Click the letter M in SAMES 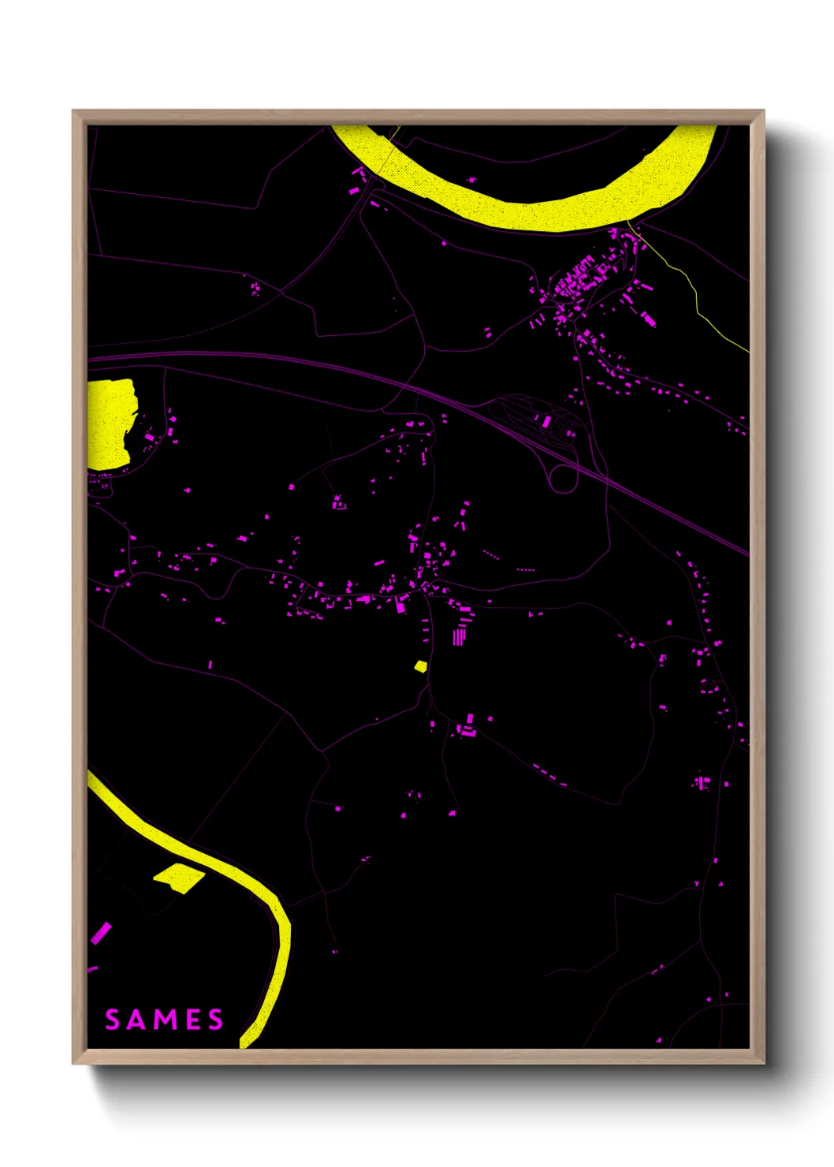(x=164, y=1020)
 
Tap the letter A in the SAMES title (x=136, y=1020)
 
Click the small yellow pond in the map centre (x=421, y=666)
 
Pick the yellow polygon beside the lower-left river (x=179, y=877)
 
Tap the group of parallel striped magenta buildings (x=459, y=636)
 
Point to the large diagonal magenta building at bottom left (x=101, y=933)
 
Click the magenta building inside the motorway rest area (x=546, y=421)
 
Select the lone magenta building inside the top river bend (x=471, y=180)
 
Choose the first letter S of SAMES (x=112, y=1020)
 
